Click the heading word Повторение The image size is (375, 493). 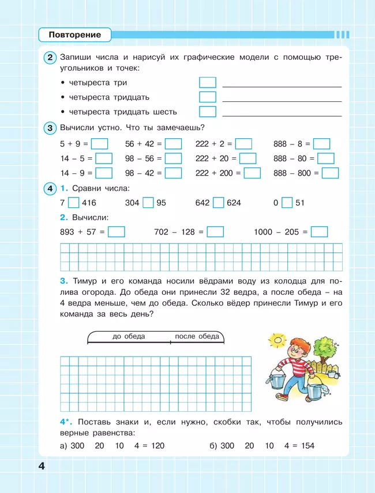point(75,35)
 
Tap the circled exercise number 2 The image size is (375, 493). point(51,57)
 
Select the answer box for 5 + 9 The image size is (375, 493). point(100,144)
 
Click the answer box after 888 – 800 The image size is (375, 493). point(330,173)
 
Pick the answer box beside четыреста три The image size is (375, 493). point(208,82)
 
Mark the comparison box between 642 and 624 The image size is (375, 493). point(218,203)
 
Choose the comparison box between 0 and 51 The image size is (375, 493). point(287,203)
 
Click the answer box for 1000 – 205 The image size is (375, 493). point(319,232)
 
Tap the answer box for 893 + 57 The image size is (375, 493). point(117,232)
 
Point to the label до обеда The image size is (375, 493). point(129,336)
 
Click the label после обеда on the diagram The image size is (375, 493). point(197,336)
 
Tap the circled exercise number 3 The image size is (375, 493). point(51,128)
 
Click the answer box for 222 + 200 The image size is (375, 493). point(252,173)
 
